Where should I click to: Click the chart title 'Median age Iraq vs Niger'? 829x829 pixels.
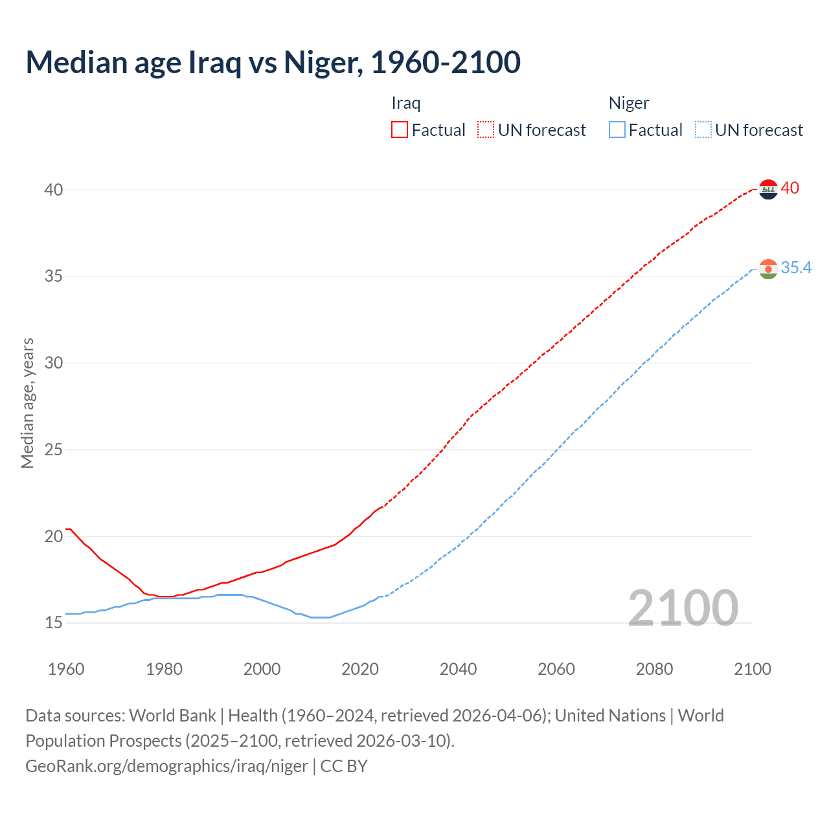point(273,62)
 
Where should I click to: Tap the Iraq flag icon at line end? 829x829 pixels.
point(768,189)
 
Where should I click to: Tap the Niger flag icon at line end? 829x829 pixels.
point(768,269)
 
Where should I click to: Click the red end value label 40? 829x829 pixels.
point(789,188)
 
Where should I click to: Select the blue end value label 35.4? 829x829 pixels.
point(796,268)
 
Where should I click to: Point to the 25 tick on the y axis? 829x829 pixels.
point(54,449)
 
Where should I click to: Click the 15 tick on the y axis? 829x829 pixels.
point(54,623)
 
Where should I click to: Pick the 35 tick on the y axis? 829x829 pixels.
point(54,277)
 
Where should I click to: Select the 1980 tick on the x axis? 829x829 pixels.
point(164,669)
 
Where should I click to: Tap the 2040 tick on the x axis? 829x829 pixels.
point(458,669)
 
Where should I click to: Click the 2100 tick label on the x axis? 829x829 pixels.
point(752,669)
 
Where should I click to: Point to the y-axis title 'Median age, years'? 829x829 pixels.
point(27,403)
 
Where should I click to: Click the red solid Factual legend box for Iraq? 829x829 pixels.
point(400,130)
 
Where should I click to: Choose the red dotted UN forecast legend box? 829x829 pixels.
point(486,130)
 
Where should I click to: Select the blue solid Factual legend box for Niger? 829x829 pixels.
point(617,130)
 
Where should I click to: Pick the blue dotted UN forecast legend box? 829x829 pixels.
point(703,130)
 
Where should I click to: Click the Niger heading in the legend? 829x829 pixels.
point(628,104)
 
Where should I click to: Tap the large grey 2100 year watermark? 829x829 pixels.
point(683,608)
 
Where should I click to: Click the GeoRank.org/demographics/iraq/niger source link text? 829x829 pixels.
point(166,766)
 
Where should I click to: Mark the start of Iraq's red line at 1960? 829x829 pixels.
point(66,529)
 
